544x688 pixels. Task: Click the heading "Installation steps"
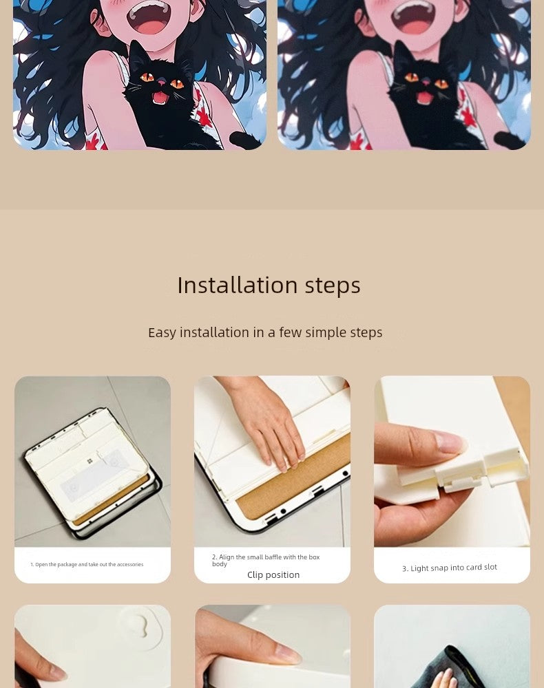tap(269, 286)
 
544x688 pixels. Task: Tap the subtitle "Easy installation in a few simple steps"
tap(265, 332)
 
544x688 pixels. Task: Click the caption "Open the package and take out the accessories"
tap(89, 564)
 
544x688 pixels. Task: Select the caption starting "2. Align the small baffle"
tap(266, 560)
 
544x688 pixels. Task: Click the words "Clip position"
tap(273, 574)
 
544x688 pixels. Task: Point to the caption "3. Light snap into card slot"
tap(450, 568)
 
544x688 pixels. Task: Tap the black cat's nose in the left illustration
tap(162, 82)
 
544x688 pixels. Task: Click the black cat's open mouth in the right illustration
tap(425, 98)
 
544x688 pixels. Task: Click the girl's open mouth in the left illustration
tap(149, 21)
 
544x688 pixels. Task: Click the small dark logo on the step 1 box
tap(90, 461)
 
